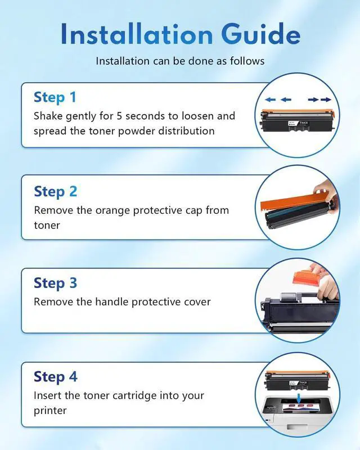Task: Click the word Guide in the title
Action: tap(260, 34)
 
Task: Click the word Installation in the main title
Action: tap(137, 34)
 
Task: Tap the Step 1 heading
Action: tap(55, 97)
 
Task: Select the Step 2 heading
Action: tap(56, 191)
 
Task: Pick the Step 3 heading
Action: tap(56, 283)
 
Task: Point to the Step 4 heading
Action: tap(56, 376)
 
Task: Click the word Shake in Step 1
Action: tap(48, 116)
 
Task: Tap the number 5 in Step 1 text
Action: tap(119, 116)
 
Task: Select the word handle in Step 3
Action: tap(112, 301)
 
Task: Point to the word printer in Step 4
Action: tap(50, 411)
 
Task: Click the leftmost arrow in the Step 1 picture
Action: tap(271, 100)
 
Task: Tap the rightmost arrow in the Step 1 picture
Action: tap(326, 100)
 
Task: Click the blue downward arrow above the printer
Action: tap(299, 398)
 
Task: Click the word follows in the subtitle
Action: tap(247, 61)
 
